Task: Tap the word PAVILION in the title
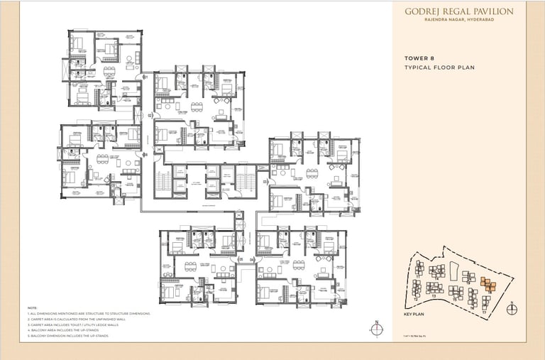pyautogui.click(x=495, y=11)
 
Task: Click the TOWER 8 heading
pyautogui.click(x=419, y=58)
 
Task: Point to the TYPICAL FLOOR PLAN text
pyautogui.click(x=439, y=67)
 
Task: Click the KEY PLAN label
pyautogui.click(x=413, y=313)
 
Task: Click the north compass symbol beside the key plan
pyautogui.click(x=512, y=308)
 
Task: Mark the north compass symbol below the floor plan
pyautogui.click(x=376, y=328)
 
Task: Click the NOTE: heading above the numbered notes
pyautogui.click(x=32, y=307)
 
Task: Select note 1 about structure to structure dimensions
pyautogui.click(x=89, y=313)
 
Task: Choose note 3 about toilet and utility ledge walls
pyautogui.click(x=78, y=324)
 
